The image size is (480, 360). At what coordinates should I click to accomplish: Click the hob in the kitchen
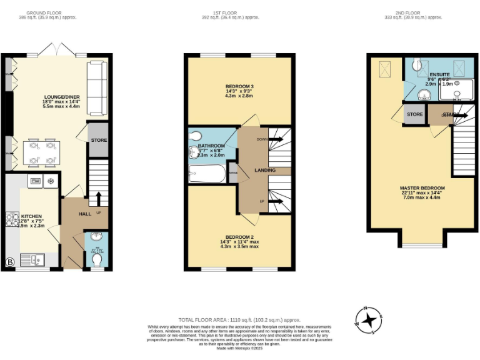tap(12, 219)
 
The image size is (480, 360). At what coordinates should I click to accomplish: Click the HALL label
tap(85, 214)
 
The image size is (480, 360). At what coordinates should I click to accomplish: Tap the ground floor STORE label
tap(99, 140)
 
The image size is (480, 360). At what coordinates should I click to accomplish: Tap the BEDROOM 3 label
tap(239, 86)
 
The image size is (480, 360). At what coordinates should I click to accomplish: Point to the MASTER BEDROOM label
tap(422, 188)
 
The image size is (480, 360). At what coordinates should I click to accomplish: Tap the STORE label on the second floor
tap(415, 114)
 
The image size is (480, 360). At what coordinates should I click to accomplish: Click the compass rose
tap(370, 320)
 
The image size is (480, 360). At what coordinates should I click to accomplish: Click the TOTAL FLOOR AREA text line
tap(239, 319)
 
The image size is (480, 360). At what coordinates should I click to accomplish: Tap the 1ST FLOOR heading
tap(239, 12)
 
